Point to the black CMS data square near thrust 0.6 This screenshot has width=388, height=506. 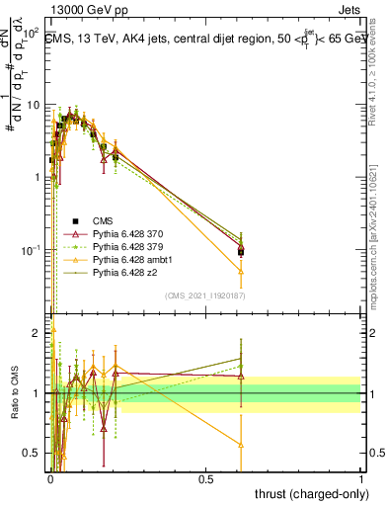click(241, 251)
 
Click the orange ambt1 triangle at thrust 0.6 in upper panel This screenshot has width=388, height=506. click(241, 270)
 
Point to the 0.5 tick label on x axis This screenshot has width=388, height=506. click(205, 477)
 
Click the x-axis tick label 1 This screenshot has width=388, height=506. click(361, 477)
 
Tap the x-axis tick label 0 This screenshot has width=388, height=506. click(49, 477)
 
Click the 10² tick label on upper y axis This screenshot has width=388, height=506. click(30, 33)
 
